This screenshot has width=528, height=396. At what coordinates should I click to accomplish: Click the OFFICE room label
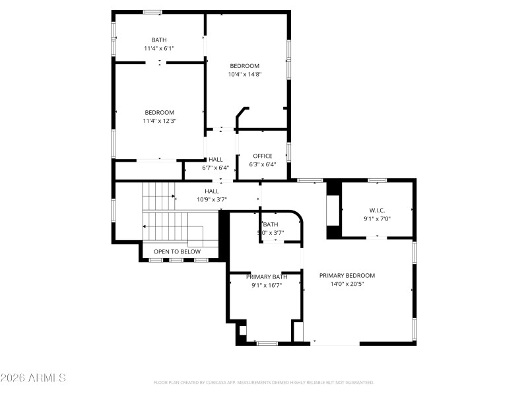tap(262, 156)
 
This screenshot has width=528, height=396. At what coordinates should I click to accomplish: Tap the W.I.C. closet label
tap(377, 210)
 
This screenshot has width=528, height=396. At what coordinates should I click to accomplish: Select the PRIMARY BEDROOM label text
tap(347, 276)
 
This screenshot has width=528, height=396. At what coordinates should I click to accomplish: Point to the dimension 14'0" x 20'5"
tap(347, 284)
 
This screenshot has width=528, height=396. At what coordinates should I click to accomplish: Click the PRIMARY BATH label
tap(267, 277)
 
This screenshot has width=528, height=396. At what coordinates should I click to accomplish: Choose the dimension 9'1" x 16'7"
tap(267, 286)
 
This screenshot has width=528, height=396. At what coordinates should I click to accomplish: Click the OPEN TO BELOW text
tap(177, 251)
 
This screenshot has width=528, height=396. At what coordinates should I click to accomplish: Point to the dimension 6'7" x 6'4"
tap(215, 168)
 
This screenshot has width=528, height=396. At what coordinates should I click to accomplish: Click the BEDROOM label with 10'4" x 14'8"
tap(244, 66)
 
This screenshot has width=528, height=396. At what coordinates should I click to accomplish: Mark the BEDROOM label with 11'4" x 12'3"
tap(159, 112)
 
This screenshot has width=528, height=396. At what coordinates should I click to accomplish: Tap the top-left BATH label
tap(159, 40)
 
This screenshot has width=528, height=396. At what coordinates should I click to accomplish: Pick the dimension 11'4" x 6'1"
tap(159, 49)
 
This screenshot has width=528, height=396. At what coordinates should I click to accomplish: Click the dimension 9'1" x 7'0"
tap(377, 218)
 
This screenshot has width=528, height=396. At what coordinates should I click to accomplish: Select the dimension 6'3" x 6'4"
tap(262, 165)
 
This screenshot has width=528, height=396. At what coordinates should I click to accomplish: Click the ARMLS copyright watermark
tap(33, 378)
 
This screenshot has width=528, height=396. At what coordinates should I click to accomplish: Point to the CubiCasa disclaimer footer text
tap(264, 382)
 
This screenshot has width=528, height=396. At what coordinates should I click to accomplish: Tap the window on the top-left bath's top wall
tap(153, 12)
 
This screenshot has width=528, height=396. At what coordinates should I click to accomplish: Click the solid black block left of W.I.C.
tap(334, 210)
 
